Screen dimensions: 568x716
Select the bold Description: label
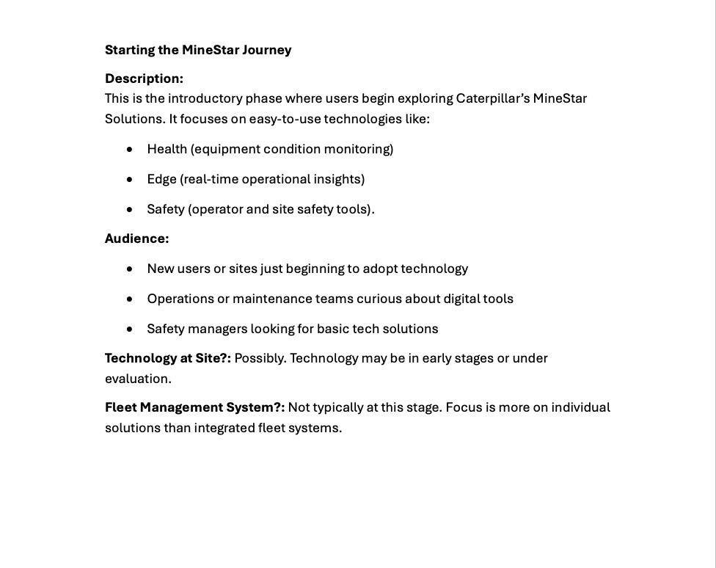coord(144,79)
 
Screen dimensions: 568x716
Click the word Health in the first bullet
coord(167,149)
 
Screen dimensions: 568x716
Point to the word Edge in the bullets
coord(161,179)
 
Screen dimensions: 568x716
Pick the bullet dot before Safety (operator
coord(130,209)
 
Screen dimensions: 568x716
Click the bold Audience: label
coord(136,239)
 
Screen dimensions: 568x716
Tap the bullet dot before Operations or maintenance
coord(130,299)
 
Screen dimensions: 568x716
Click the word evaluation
coord(137,379)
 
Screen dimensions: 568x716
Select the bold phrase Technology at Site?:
coord(167,358)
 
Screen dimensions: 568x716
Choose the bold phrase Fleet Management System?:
coord(194,407)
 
